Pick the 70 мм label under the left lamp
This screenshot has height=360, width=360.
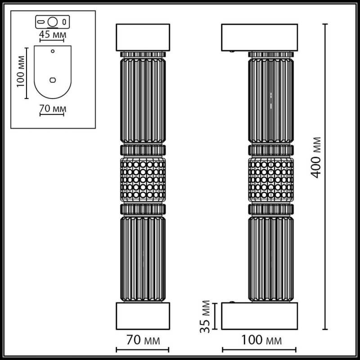tap(143, 338)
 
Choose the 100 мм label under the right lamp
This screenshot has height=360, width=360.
tap(260, 338)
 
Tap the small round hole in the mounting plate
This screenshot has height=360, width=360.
tap(53, 51)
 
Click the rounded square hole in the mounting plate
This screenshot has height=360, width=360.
tap(53, 80)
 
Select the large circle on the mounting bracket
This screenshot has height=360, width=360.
tap(53, 21)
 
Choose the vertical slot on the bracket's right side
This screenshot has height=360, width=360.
tap(65, 21)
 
